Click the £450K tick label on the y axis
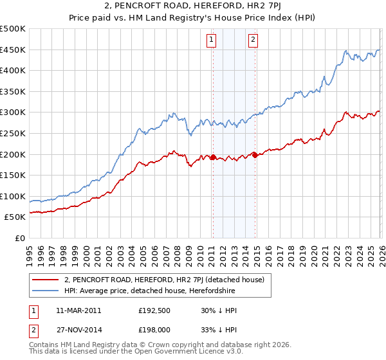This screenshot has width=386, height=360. [13, 50]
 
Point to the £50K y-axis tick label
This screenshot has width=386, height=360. [15, 217]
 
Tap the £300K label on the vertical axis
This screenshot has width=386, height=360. [13, 113]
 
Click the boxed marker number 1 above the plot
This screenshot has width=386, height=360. [212, 40]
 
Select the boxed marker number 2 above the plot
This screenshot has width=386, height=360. [253, 40]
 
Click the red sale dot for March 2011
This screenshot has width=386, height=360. [213, 157]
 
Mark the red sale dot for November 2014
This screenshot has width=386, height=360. [255, 154]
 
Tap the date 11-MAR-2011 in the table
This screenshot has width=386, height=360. [78, 310]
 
